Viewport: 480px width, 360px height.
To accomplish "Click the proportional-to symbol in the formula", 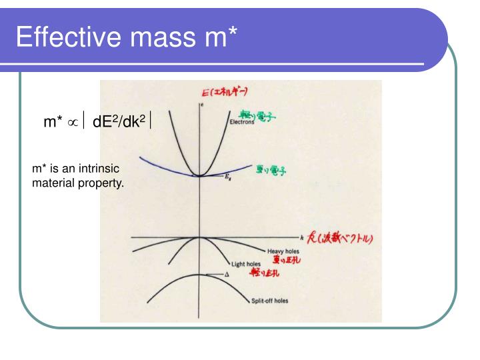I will point(73,122).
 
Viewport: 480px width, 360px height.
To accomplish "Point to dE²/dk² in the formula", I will point(119,121).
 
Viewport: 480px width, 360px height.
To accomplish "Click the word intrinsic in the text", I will point(98,169).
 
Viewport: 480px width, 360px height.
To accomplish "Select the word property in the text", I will point(102,182).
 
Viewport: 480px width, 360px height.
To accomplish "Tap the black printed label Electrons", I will point(241,122).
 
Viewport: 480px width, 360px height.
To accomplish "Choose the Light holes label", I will point(245,264).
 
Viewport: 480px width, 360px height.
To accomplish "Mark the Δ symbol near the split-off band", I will point(227,275).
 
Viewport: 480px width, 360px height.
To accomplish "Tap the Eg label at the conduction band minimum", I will point(227,181).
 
